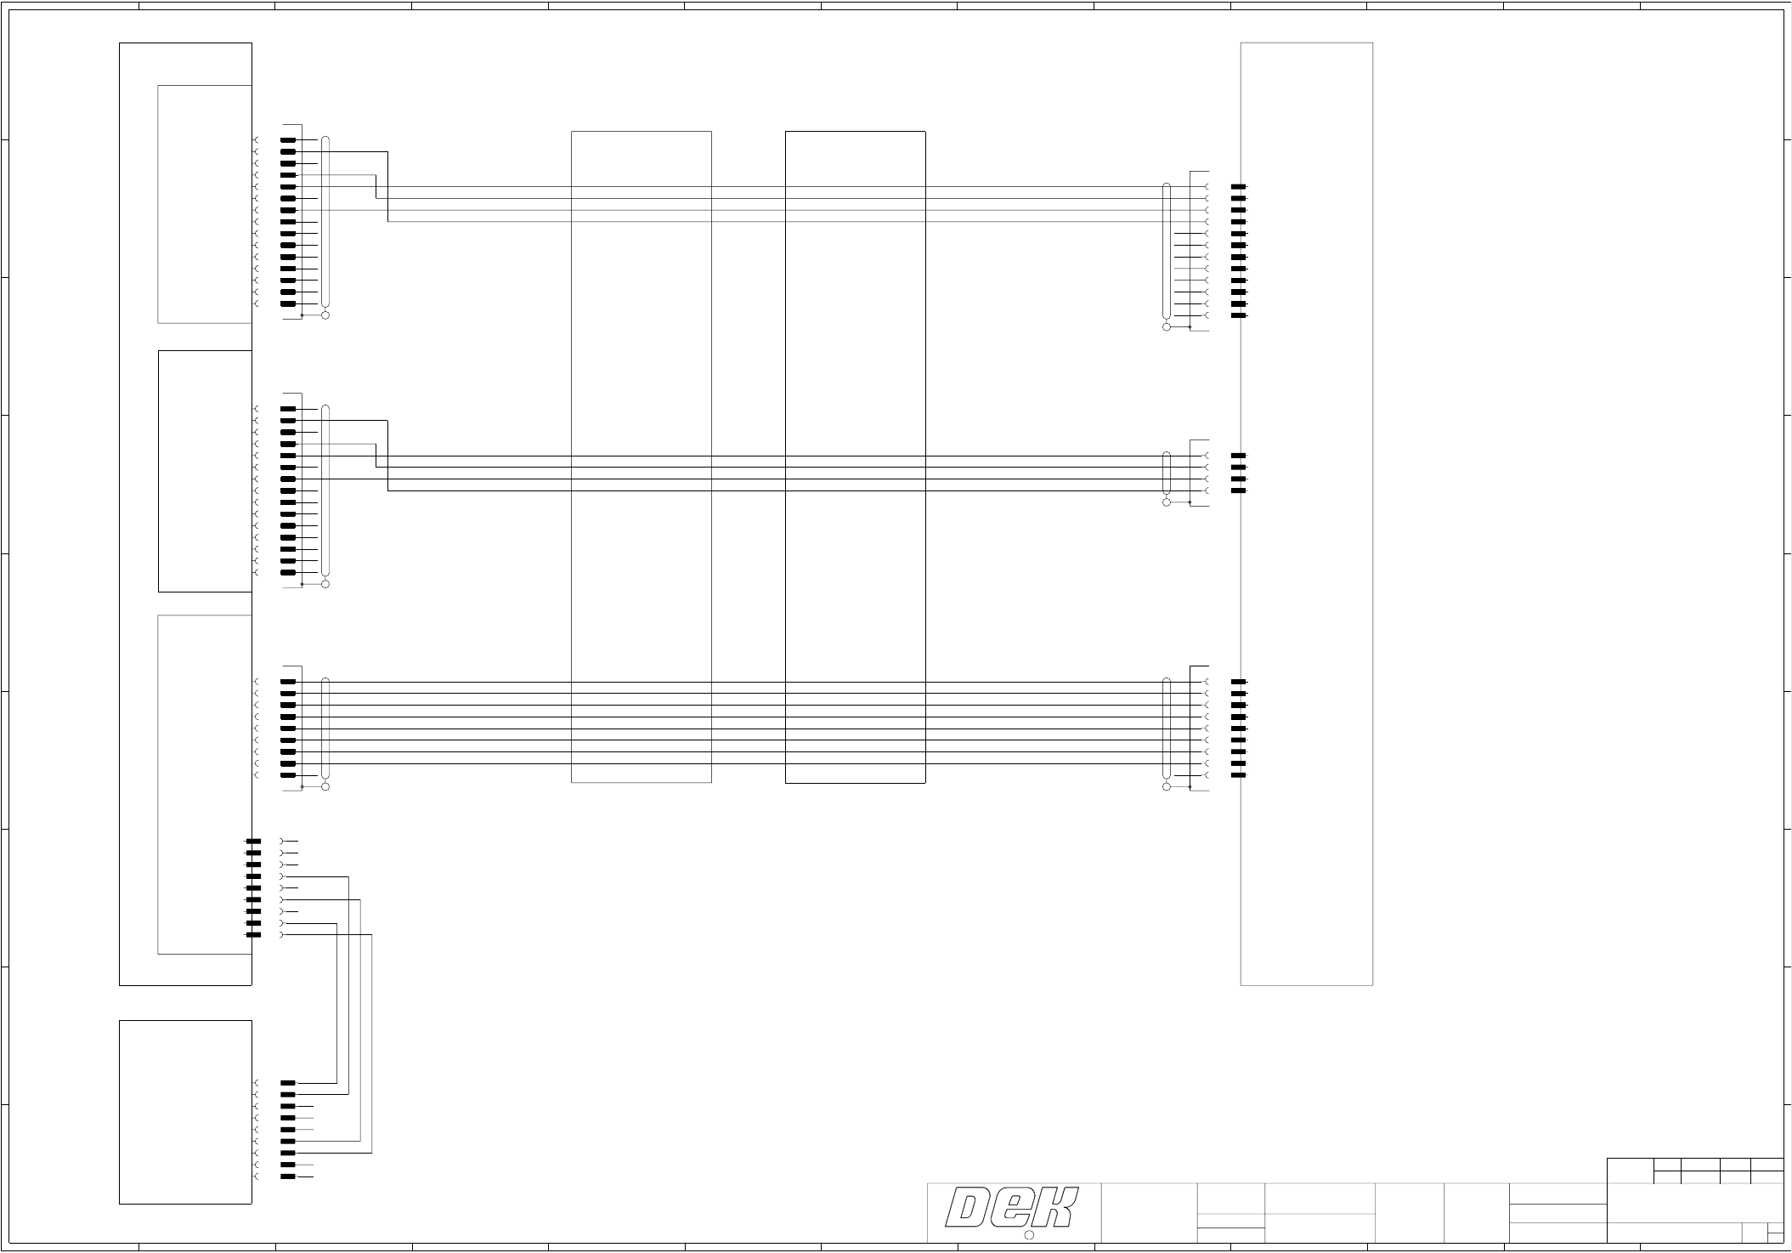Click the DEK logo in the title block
1012,1208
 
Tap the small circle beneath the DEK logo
1027,1235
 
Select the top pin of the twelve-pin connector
1239,187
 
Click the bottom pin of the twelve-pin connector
1239,315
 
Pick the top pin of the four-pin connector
1239,456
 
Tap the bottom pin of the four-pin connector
1239,491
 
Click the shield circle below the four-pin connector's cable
1166,502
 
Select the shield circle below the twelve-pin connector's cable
1166,327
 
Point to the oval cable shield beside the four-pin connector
1166,473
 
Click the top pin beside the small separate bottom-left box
288,1083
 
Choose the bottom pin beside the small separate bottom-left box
288,1176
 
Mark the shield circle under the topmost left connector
325,315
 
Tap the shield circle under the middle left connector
325,584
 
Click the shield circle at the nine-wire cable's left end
325,787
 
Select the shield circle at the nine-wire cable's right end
1166,787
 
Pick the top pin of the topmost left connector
288,140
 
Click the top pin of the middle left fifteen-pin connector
288,409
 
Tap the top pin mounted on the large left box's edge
253,842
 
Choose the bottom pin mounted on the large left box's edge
253,935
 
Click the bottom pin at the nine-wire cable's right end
1239,775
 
